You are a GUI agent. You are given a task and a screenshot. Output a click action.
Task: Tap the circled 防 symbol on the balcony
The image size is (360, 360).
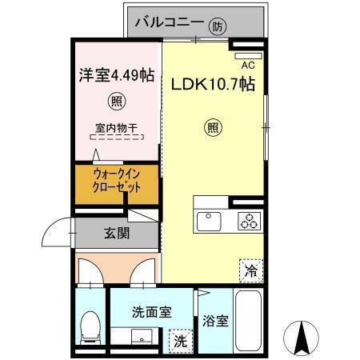[218, 26]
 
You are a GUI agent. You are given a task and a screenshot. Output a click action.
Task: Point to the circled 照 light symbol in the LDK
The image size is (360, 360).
[212, 126]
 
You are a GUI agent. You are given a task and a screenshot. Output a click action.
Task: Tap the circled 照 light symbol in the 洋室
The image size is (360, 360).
[116, 102]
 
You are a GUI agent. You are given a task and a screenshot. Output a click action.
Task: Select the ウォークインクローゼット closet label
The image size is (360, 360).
[117, 182]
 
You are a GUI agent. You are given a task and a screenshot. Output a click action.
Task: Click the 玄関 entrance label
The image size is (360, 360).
[115, 234]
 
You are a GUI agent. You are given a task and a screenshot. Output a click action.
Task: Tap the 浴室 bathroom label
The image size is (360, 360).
[216, 322]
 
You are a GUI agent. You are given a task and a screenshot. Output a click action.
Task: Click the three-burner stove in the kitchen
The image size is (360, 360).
[249, 219]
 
